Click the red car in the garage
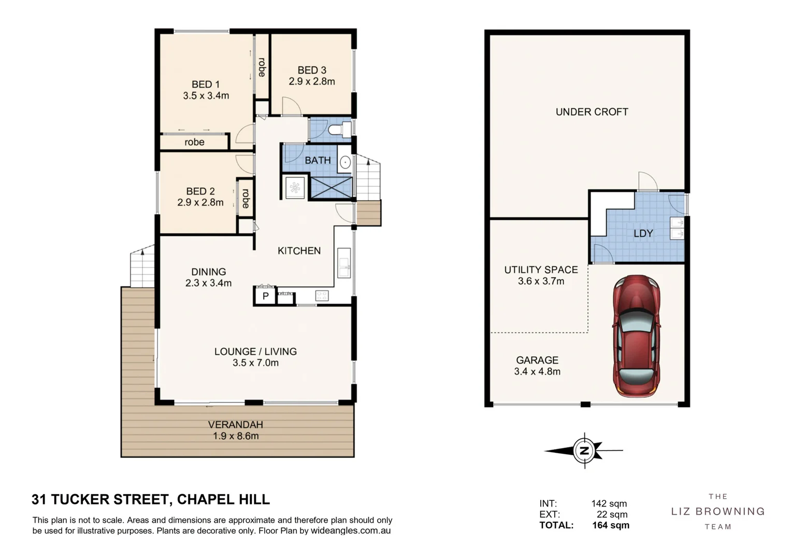(x=637, y=336)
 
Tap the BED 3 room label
(x=312, y=70)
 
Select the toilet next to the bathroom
(x=340, y=129)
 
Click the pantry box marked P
(x=266, y=296)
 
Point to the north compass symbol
(x=584, y=451)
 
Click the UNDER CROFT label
(x=592, y=112)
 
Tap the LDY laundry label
(x=643, y=233)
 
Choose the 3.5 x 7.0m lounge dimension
(x=255, y=363)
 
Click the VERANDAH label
(x=236, y=424)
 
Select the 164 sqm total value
(x=611, y=525)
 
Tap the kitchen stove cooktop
(x=322, y=296)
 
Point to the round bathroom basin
(x=345, y=163)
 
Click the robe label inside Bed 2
(x=246, y=198)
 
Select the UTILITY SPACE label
(x=541, y=270)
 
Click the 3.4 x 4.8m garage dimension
(x=537, y=372)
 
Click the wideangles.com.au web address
(x=351, y=530)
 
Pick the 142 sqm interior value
(x=609, y=503)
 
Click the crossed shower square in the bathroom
(x=331, y=187)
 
